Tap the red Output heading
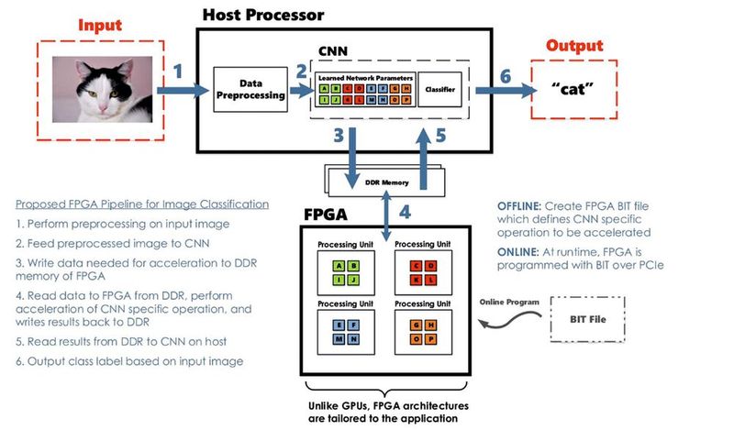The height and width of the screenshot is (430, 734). [574, 45]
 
